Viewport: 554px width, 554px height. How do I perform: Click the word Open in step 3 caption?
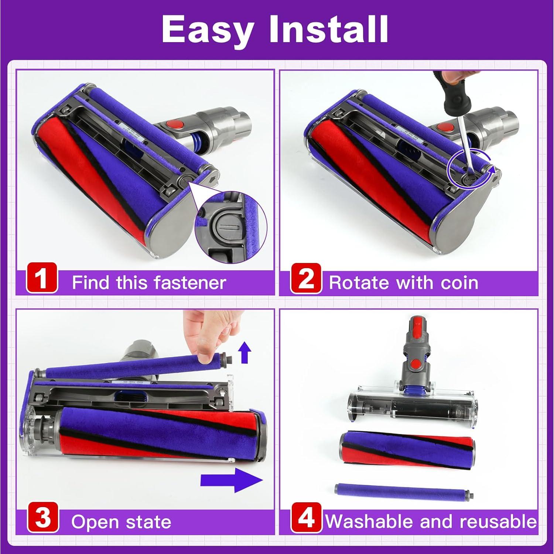95,522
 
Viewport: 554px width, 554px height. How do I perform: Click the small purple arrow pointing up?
244,352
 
